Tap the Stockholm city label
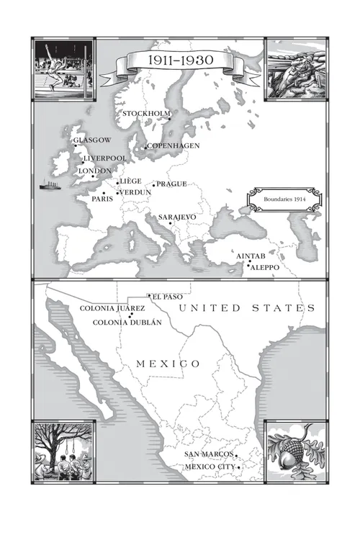pos(146,114)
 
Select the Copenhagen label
pos(174,145)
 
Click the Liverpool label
pos(105,158)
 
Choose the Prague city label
pos(171,184)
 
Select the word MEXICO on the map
pos(168,364)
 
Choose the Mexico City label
pos(209,467)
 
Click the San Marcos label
pos(208,454)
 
